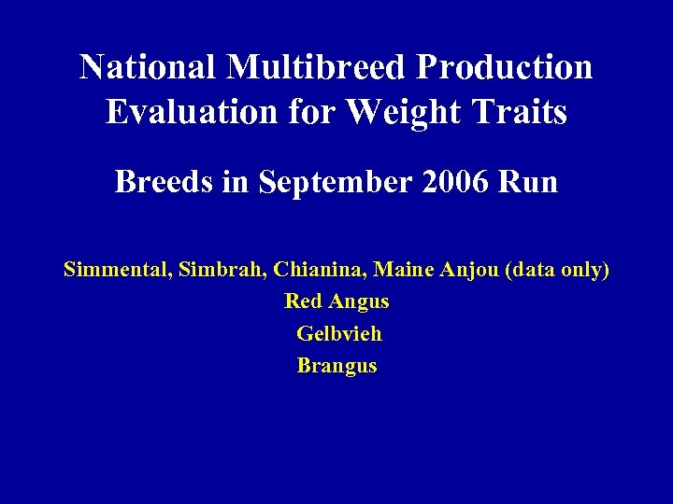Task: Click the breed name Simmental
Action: (x=109, y=271)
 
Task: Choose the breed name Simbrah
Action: (x=208, y=271)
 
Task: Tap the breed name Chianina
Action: (x=314, y=271)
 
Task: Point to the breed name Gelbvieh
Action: (x=339, y=334)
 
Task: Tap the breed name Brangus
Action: (x=337, y=366)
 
